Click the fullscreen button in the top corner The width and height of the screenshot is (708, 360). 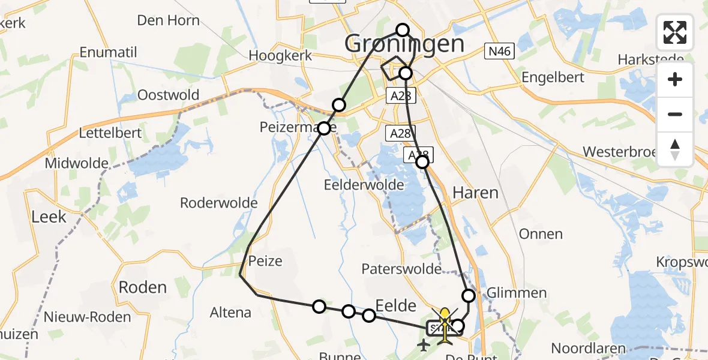675,32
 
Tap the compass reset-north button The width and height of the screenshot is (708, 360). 675,149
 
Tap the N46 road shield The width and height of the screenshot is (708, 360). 499,52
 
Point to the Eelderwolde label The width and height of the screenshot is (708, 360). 364,185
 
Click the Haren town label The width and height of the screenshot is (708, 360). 475,193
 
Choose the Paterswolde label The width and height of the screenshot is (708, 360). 402,268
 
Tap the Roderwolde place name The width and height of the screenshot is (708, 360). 219,203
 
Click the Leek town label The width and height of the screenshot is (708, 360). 49,217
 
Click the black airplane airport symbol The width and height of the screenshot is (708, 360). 424,345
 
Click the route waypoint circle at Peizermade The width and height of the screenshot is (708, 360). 324,128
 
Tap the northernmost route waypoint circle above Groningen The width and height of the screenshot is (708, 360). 403,30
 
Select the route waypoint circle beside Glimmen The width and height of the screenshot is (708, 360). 468,295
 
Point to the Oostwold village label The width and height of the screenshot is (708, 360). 168,95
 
